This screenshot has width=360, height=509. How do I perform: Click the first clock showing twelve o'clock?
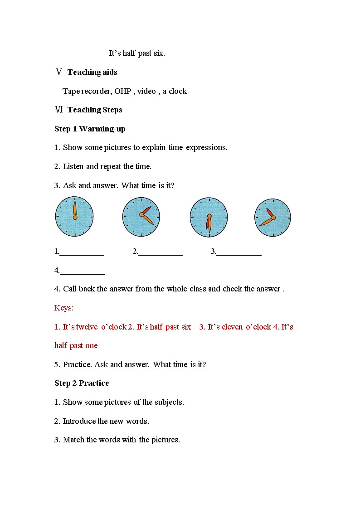(74, 217)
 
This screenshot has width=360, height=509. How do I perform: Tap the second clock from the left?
(141, 217)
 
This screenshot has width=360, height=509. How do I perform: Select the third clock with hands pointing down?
(209, 217)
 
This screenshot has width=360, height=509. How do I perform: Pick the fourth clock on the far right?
(272, 217)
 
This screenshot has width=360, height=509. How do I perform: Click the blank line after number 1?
(82, 252)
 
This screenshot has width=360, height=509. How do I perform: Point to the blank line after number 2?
(161, 252)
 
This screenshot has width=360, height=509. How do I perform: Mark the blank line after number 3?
(239, 252)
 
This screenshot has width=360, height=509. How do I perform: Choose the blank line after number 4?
(83, 271)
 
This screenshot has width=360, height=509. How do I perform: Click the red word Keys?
(64, 308)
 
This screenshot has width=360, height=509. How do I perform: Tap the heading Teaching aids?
(92, 72)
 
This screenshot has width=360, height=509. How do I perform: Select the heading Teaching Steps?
(95, 110)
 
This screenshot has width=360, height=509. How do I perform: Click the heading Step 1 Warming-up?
(90, 129)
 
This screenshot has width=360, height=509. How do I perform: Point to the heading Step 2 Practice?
(82, 383)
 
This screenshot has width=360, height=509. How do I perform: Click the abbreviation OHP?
(122, 91)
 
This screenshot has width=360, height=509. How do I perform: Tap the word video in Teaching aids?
(146, 91)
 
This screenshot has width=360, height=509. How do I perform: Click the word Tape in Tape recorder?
(71, 91)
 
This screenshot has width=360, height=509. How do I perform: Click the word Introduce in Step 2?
(79, 421)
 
